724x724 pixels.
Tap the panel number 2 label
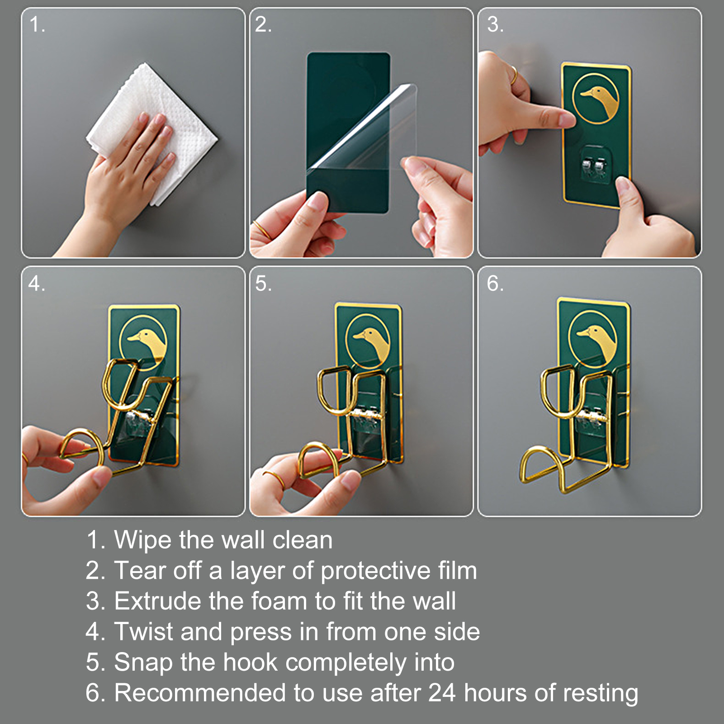click(x=263, y=24)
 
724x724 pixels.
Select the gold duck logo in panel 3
click(x=596, y=98)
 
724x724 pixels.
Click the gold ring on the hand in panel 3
click(x=514, y=75)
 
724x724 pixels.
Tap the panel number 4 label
click(x=36, y=284)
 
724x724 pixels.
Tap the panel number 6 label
click(x=495, y=284)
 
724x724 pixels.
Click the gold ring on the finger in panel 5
click(x=274, y=479)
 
